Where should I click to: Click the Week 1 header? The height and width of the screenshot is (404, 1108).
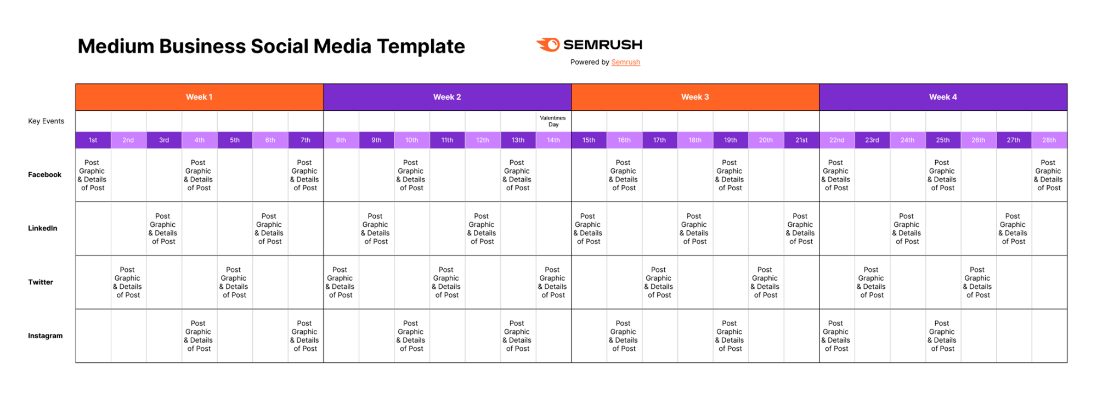(199, 97)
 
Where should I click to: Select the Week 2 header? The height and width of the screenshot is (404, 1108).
(447, 97)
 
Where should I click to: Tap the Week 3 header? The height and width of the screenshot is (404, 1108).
(695, 97)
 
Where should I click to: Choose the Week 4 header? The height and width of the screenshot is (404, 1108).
(943, 97)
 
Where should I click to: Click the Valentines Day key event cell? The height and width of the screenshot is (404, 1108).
(553, 121)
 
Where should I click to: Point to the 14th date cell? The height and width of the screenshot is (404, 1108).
(553, 140)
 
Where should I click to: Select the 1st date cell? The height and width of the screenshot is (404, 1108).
(93, 140)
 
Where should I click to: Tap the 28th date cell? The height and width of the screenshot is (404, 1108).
(1049, 140)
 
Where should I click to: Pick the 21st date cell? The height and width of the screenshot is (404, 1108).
(801, 140)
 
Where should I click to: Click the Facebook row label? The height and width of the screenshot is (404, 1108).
(45, 175)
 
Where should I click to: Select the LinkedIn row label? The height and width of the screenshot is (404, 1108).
(43, 229)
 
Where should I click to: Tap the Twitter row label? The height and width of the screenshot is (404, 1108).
(41, 282)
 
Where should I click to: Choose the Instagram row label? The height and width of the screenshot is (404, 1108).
(46, 336)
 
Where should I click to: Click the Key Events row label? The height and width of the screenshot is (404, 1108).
(46, 121)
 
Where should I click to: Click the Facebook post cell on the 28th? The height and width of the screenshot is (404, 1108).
(1049, 175)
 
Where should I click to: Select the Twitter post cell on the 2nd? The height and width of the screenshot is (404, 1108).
(128, 282)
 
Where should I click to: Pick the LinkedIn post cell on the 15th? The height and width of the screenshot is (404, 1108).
(589, 229)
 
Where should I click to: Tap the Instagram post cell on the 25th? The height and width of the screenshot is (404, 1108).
(943, 336)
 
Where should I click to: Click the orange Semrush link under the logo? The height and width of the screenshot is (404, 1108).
(626, 62)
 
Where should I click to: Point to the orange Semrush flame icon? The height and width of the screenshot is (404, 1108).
(548, 45)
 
